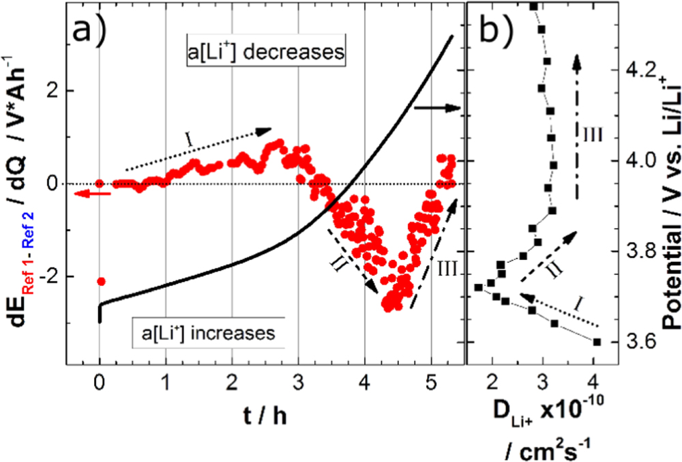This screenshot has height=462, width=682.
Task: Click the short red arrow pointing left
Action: tap(85, 194)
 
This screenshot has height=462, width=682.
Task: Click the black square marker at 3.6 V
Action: tap(597, 342)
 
